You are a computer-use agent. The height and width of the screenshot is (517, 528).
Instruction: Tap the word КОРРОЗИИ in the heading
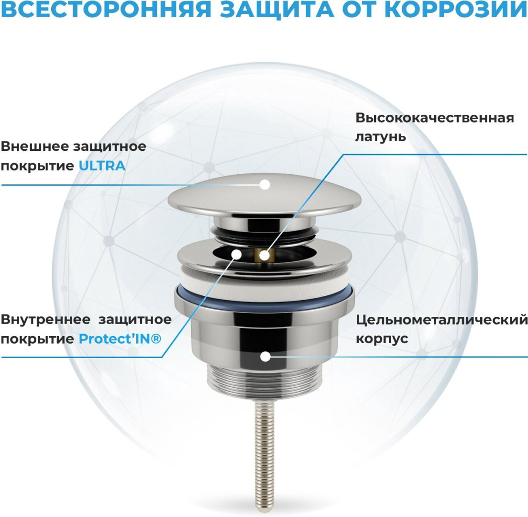point(456,10)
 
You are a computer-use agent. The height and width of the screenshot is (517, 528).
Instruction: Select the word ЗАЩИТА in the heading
point(277,10)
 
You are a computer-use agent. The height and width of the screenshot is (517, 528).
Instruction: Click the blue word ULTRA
point(102,166)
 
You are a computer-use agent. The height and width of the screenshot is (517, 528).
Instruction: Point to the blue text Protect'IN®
point(120,338)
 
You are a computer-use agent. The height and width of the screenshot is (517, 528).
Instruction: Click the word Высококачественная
point(435,118)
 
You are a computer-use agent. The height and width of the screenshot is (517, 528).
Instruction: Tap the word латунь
point(381,137)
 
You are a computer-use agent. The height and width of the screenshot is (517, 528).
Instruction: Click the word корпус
point(382,339)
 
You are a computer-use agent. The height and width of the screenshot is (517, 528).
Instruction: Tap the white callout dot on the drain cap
point(265,184)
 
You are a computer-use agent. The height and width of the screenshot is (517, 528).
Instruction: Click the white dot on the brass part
point(264,256)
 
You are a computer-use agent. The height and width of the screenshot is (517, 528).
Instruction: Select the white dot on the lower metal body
point(265,356)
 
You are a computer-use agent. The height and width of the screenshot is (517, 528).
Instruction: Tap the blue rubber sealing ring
point(264,298)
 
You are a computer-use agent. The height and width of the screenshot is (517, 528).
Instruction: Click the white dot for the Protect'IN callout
point(237,255)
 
